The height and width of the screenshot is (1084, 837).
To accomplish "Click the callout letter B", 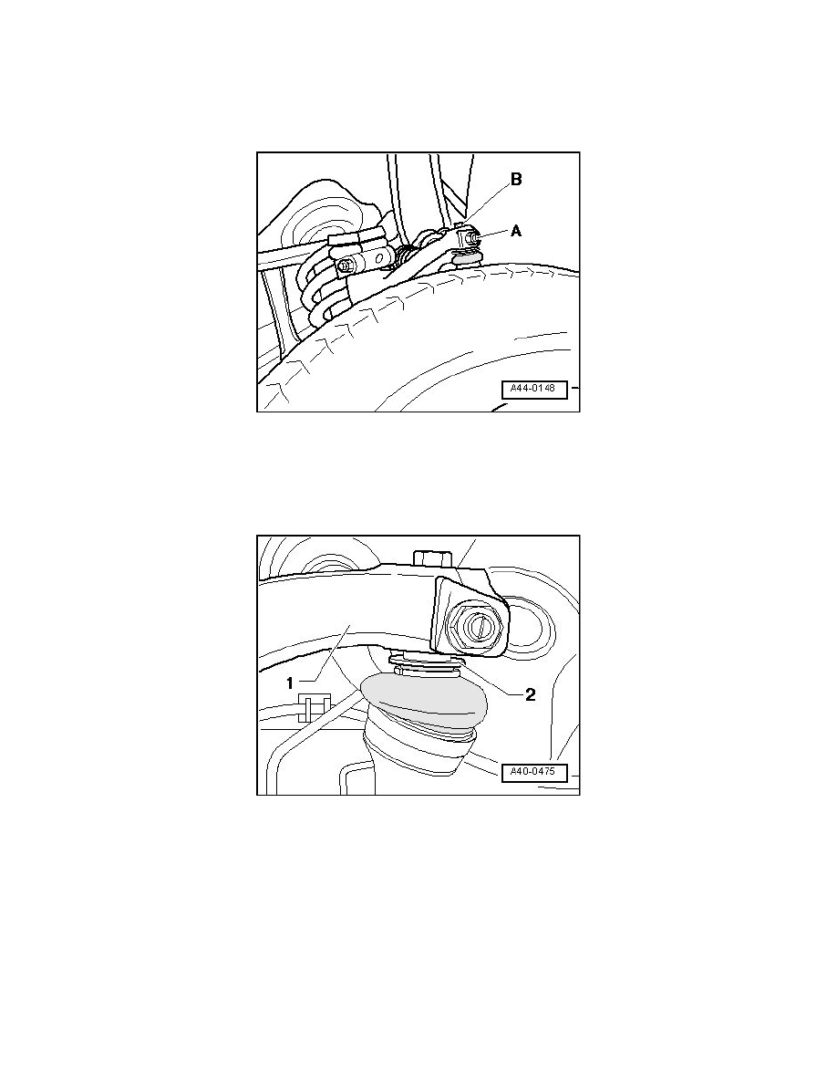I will (516, 181).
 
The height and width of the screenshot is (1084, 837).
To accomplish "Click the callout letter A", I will (516, 232).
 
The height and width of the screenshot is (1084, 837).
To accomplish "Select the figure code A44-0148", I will (533, 390).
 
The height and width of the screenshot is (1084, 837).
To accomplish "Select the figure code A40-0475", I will (533, 773).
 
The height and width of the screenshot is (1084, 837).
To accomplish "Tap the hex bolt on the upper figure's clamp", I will (346, 266).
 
